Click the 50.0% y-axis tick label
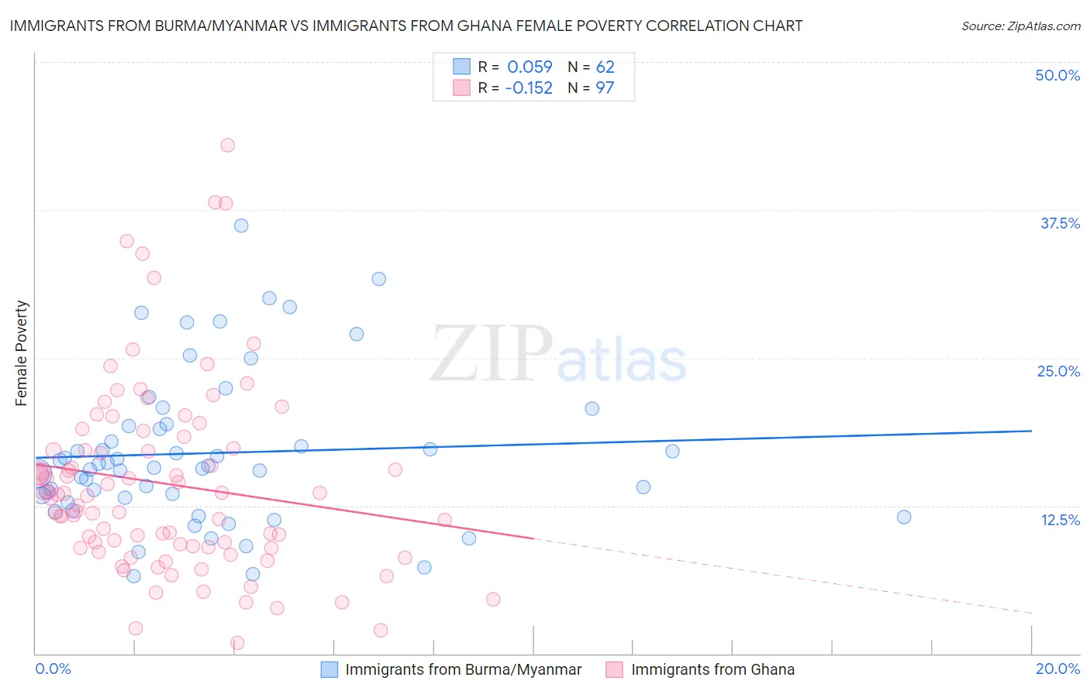tap(1057, 75)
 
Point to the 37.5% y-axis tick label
tap(1060, 223)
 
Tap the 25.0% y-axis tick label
tap(1058, 371)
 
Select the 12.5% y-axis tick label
tap(1060, 520)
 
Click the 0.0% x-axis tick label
tap(53, 669)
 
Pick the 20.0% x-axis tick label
tap(1057, 669)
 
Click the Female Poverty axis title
tap(22, 353)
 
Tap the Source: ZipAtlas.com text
tap(1020, 26)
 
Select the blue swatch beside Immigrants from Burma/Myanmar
tap(329, 669)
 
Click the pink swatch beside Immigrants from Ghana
tap(615, 669)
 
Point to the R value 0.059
tap(529, 67)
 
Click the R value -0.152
tap(528, 88)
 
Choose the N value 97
tap(605, 88)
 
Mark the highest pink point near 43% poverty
tap(227, 145)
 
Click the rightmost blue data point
tap(904, 517)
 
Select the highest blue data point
tap(241, 225)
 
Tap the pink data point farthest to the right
tap(493, 599)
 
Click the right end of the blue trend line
tap(1031, 430)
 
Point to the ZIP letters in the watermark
tap(492, 355)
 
